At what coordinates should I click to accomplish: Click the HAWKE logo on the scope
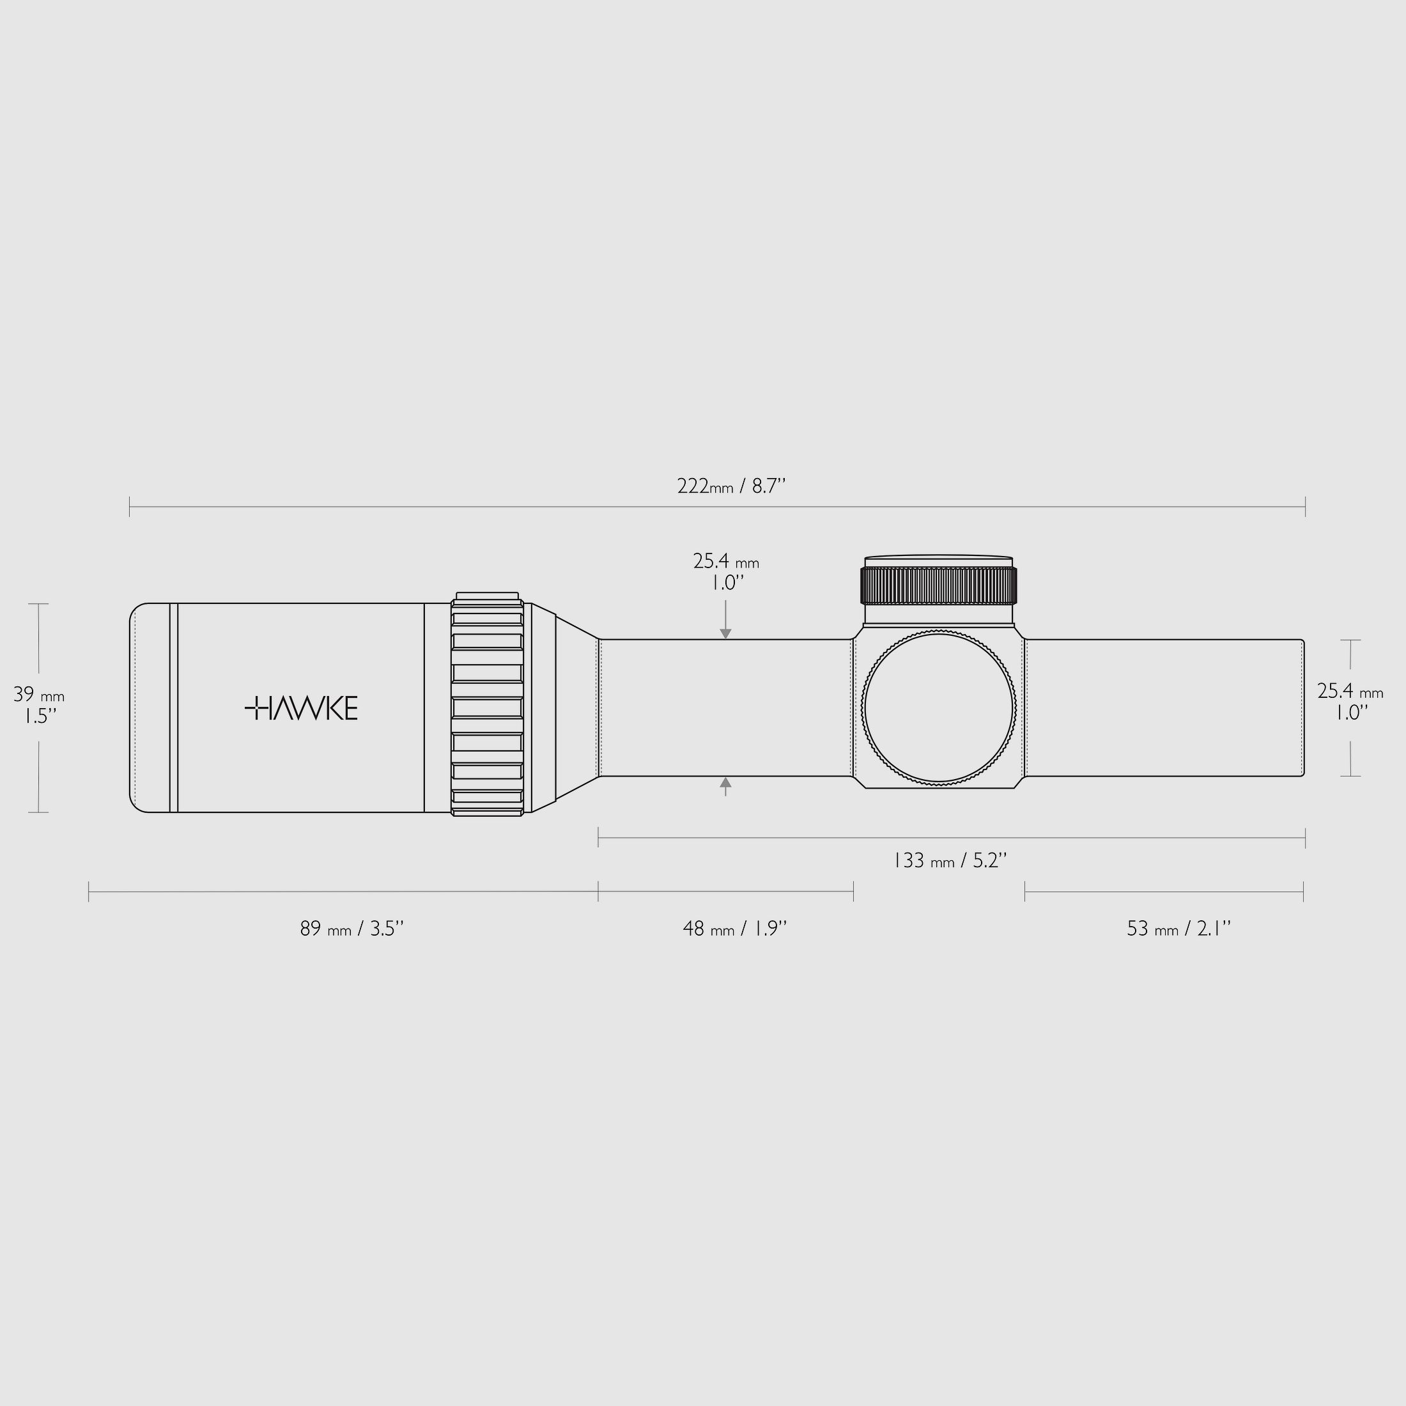tap(301, 708)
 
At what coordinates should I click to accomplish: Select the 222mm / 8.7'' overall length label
tap(731, 486)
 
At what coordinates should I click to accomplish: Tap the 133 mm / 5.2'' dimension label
tap(950, 861)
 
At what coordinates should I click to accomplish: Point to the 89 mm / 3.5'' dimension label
tap(351, 929)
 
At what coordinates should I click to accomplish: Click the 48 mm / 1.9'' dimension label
tap(735, 929)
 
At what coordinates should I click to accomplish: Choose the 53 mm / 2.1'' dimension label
tap(1178, 929)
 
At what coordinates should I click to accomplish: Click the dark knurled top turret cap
tap(939, 586)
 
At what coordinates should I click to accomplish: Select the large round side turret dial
tap(939, 707)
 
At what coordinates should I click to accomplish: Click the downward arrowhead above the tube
tap(725, 634)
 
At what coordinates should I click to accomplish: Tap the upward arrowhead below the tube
tap(725, 782)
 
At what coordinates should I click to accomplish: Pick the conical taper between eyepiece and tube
tap(576, 707)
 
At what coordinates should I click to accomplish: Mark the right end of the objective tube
tap(1302, 708)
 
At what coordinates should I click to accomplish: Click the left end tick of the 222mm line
tap(130, 507)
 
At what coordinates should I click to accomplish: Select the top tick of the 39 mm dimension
tap(38, 604)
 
